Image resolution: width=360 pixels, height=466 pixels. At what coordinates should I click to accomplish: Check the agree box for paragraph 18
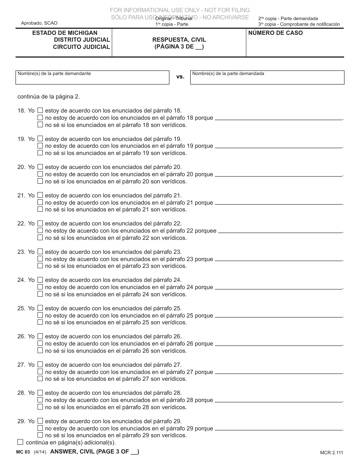click(x=40, y=111)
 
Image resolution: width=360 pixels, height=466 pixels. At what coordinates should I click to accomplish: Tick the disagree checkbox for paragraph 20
click(x=40, y=174)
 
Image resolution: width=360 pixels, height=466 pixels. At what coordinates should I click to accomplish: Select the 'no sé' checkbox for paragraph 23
click(x=40, y=266)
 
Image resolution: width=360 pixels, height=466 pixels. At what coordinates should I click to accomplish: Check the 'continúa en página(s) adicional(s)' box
click(x=20, y=442)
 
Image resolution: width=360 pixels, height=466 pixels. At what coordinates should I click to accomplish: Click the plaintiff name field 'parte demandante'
click(x=92, y=78)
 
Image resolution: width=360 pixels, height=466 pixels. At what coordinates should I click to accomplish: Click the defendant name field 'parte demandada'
click(x=267, y=78)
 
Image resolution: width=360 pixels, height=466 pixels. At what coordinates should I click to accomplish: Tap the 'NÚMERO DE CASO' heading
click(x=275, y=33)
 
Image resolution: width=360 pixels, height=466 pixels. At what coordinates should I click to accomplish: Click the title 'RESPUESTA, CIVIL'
click(x=179, y=40)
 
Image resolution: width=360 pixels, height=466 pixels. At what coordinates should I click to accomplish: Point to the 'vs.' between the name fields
click(x=180, y=77)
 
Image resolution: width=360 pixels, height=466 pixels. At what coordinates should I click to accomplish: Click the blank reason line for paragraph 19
click(x=279, y=147)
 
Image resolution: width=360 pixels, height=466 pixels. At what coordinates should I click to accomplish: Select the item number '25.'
click(x=21, y=308)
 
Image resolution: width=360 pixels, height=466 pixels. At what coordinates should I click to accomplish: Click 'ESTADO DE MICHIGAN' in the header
click(x=65, y=33)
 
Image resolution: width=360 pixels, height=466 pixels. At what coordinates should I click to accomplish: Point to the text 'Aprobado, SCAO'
click(x=37, y=23)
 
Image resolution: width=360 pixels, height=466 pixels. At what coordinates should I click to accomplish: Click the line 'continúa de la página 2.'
click(x=49, y=97)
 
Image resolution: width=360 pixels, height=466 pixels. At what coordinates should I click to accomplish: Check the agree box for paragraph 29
click(x=40, y=421)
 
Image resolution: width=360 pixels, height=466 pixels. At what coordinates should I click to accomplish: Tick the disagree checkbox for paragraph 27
click(x=40, y=372)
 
